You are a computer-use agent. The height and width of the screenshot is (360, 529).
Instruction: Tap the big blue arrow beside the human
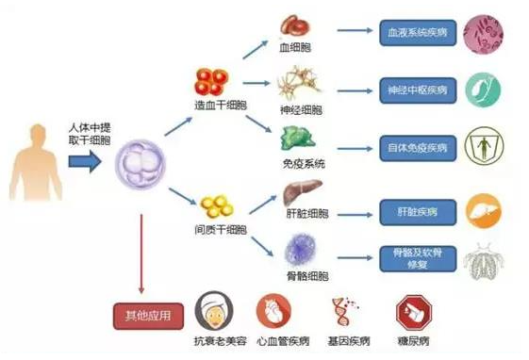pos(84,163)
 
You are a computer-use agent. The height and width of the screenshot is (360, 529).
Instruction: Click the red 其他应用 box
pos(141,314)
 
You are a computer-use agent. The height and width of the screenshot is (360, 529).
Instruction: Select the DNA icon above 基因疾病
pos(342,310)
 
